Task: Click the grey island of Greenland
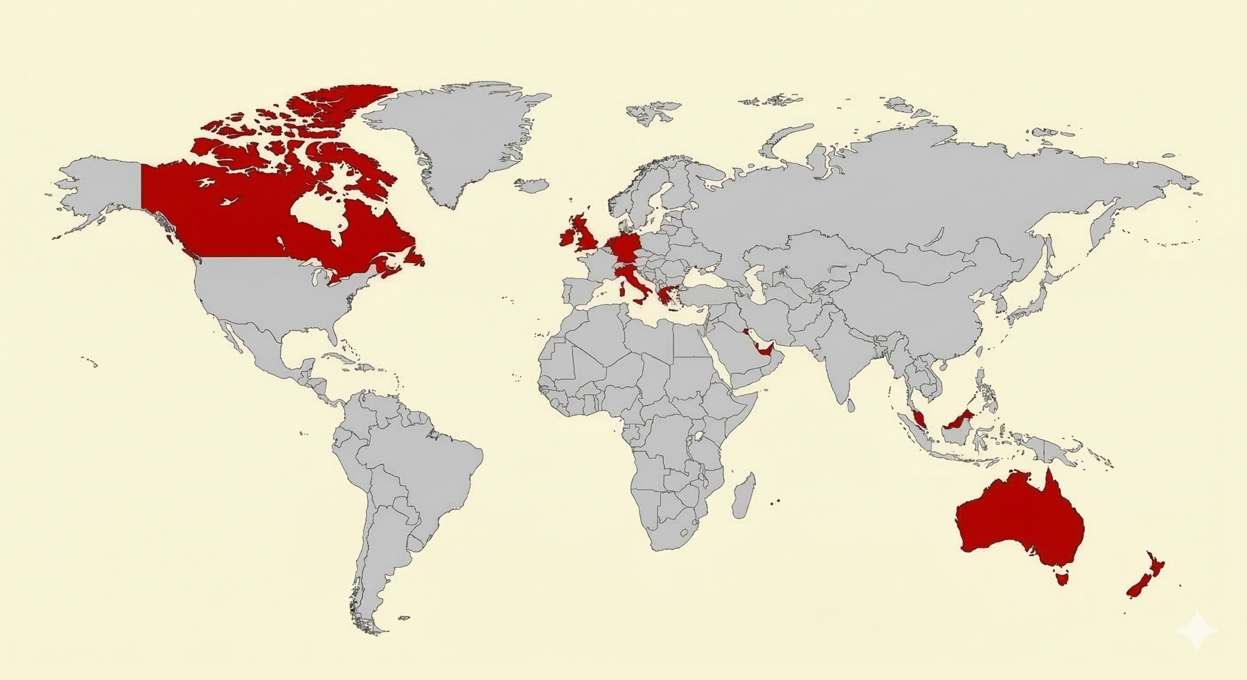(457, 138)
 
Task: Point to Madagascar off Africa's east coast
(743, 496)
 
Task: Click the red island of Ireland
(567, 237)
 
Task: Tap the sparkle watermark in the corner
(1197, 630)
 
